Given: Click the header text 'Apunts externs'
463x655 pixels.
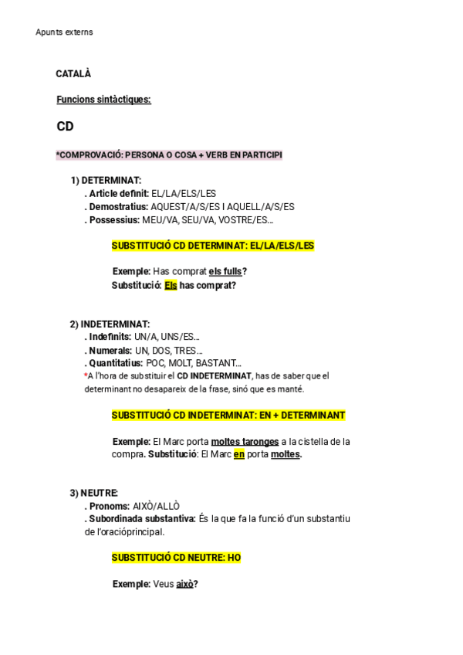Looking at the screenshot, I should click(64, 32).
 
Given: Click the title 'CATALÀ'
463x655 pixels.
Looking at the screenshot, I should click(73, 74).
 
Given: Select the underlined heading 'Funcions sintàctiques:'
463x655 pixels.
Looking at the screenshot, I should click(103, 100).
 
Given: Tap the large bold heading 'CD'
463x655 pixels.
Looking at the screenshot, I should click(65, 127).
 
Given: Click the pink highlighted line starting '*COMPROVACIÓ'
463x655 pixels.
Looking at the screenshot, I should click(169, 155).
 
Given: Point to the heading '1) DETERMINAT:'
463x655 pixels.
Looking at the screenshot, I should click(106, 181).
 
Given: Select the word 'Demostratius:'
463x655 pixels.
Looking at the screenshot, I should click(119, 207).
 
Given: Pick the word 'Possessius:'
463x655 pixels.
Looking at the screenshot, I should click(114, 220).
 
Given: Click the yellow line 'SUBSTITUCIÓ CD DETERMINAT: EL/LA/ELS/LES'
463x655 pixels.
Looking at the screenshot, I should click(213, 246).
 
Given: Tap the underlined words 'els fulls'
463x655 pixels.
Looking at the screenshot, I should click(225, 272).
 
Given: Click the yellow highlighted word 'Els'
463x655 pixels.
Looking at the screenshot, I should click(171, 285).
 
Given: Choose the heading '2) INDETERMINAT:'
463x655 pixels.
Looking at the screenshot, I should click(110, 324).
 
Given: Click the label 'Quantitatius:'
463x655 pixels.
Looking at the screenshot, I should click(116, 363).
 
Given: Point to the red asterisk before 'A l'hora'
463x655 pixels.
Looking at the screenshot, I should click(86, 375).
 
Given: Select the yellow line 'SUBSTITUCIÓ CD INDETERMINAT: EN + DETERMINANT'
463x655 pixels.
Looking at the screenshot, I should click(228, 416).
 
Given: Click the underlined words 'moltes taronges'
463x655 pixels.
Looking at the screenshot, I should click(245, 442).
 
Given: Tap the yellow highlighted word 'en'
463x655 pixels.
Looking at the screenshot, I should click(239, 455).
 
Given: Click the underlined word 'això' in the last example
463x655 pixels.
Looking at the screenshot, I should click(184, 585).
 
